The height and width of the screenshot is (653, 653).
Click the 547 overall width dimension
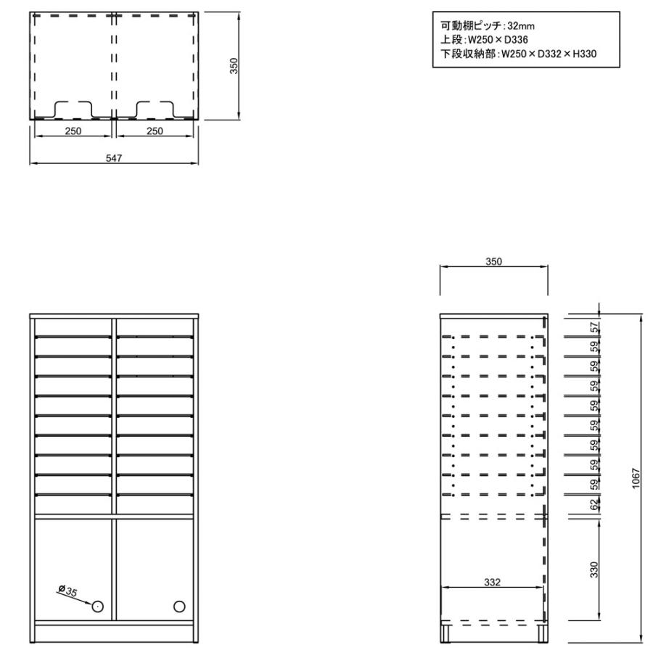[114, 158]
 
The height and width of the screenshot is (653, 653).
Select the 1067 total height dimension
[636, 478]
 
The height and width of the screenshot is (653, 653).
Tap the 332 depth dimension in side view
[492, 582]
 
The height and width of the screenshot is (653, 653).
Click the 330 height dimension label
[594, 570]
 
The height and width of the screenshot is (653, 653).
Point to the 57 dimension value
[595, 327]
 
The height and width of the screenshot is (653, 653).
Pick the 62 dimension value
[595, 504]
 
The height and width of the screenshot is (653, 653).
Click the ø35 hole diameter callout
[68, 590]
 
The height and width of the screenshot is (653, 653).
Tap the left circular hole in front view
[97, 607]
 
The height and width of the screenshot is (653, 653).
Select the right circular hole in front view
[179, 607]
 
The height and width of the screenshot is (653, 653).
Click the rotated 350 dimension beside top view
[234, 66]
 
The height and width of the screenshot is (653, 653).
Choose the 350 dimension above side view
[493, 261]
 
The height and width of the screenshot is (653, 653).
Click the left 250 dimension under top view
[73, 131]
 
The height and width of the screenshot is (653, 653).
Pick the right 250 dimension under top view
[155, 131]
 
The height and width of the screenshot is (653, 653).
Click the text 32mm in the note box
[521, 26]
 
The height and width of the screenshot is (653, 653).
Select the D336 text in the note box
[516, 40]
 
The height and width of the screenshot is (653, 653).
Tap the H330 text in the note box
[584, 54]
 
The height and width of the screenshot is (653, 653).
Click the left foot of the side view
[446, 633]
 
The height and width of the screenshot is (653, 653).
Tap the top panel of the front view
[114, 316]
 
